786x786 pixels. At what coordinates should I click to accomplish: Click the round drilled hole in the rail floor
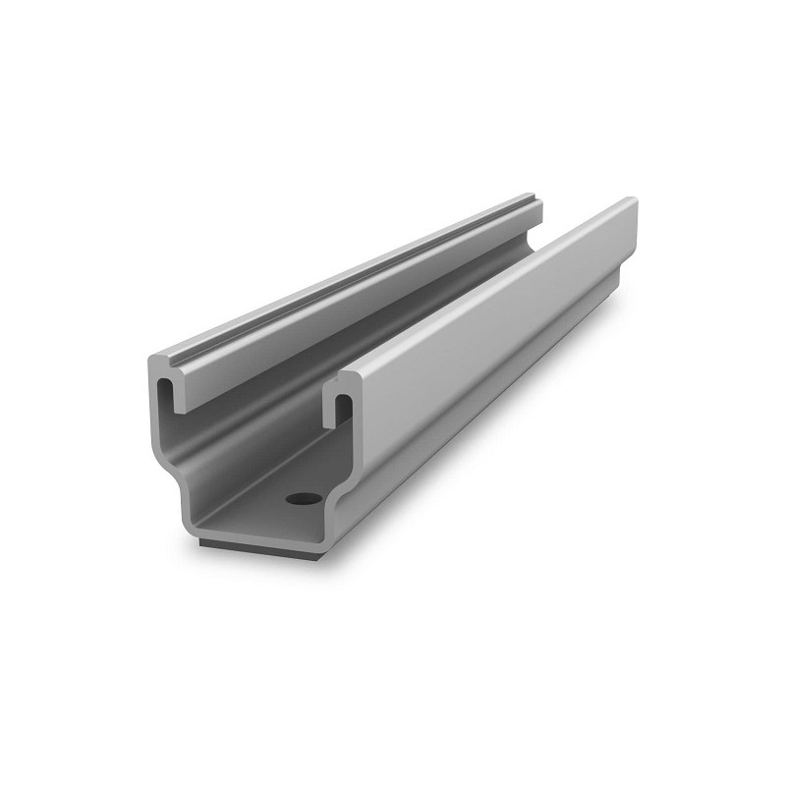pos(301,499)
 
